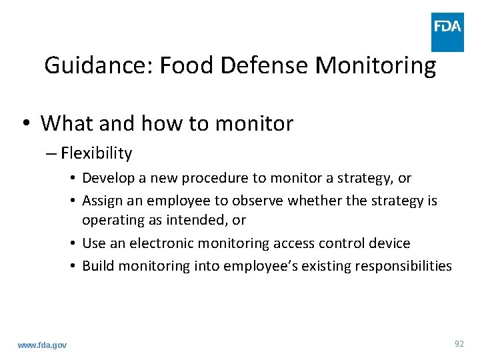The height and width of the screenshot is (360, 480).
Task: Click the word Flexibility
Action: click(x=97, y=153)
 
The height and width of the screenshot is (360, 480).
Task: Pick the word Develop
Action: click(x=107, y=178)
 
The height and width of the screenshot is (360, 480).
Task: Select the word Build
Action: click(x=97, y=266)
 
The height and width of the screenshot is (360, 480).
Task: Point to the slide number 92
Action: click(x=459, y=343)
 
